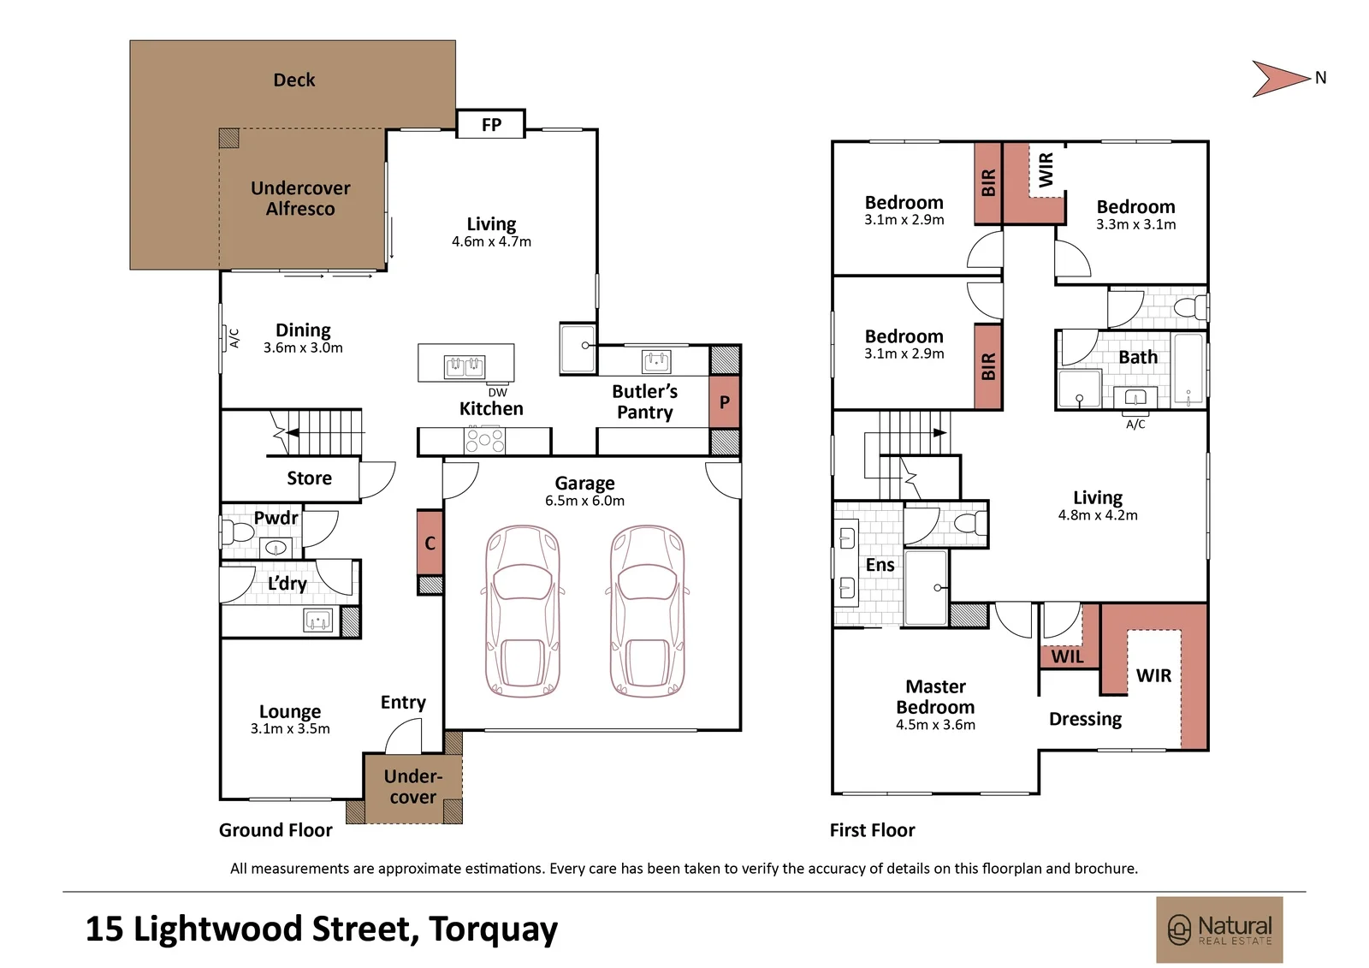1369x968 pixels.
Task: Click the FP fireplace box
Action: (491, 124)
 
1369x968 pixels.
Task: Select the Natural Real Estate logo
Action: (1219, 929)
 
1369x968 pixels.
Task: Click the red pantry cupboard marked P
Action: (725, 401)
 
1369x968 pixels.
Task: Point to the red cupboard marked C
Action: (430, 543)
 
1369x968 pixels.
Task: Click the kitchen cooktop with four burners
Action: (484, 440)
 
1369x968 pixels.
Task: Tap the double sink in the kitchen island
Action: (465, 366)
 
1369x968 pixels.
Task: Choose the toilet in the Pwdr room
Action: (236, 532)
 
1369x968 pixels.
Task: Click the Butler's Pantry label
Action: (645, 401)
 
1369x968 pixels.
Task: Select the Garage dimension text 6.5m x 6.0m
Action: (585, 501)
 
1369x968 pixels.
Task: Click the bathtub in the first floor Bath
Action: (1188, 369)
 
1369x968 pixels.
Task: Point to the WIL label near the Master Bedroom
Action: (1067, 656)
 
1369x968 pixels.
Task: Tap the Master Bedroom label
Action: (936, 697)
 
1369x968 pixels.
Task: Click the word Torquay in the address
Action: (493, 930)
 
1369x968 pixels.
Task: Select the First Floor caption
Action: (872, 830)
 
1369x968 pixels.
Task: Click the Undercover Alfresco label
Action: (300, 198)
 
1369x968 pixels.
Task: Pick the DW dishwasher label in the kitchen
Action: (497, 393)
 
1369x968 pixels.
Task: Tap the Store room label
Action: (309, 478)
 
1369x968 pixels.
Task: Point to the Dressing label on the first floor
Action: (1086, 719)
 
